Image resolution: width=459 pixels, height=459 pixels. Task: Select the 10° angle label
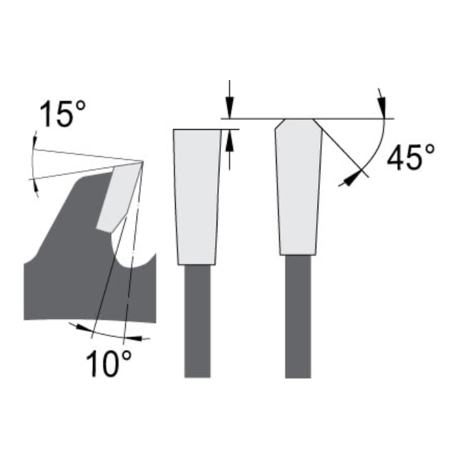pos(108,363)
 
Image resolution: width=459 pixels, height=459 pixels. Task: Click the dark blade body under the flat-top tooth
pos(198,321)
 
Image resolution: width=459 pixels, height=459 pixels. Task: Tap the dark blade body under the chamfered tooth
pos(298,317)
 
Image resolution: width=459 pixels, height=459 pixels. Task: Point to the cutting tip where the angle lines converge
pos(143,161)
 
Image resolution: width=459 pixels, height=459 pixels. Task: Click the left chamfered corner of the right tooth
pos(279,124)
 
